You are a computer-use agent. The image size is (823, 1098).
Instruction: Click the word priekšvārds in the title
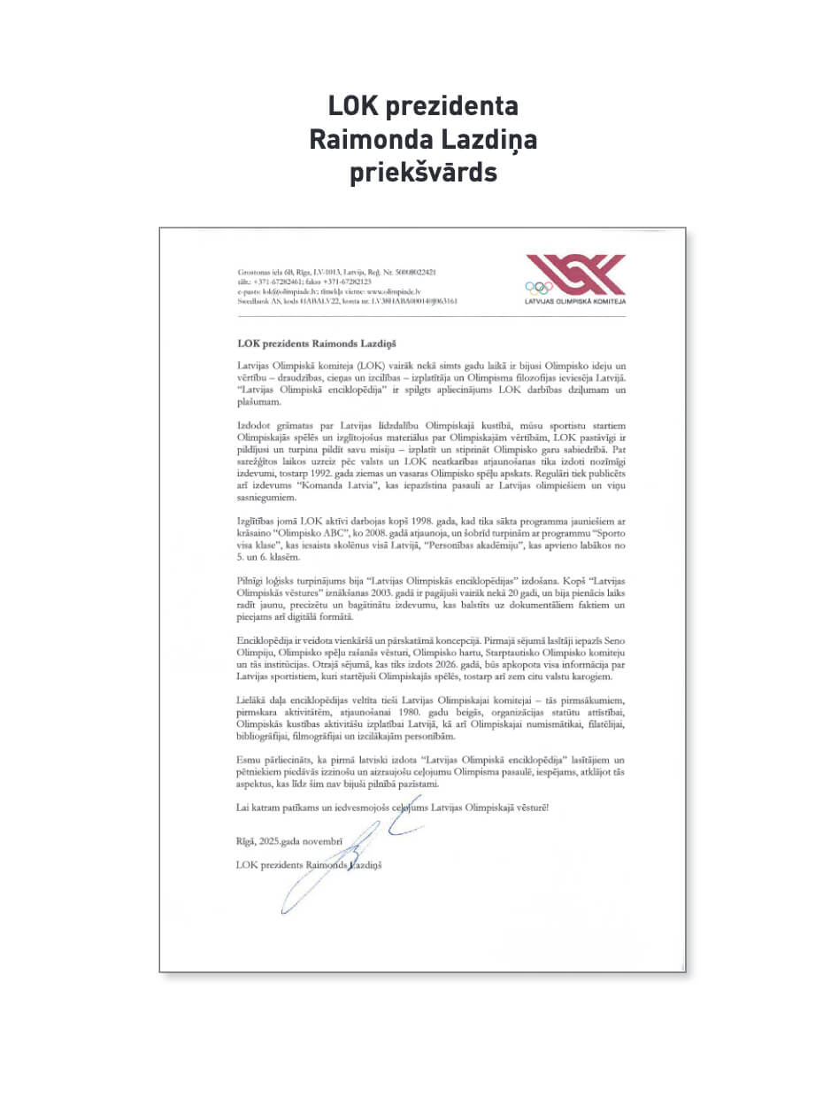pos(423,172)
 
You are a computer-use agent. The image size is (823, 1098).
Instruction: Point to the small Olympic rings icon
pos(538,287)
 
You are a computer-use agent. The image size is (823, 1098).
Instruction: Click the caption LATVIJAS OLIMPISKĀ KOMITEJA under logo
pos(575,302)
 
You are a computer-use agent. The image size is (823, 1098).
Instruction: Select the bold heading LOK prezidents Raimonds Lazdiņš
pos(319,342)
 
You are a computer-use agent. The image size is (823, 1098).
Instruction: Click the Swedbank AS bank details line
pos(347,301)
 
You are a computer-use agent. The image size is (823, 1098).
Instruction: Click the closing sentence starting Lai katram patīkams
pos(393,808)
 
